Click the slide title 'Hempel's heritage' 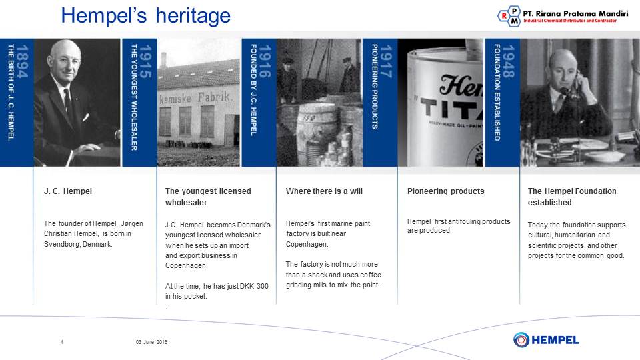coord(146,16)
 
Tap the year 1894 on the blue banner coord(22,61)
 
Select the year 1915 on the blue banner coord(145,61)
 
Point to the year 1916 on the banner coord(265,61)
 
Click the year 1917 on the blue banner coord(386,61)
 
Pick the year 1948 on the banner coord(508,61)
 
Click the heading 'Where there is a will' coord(324,191)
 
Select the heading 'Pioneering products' coord(446,191)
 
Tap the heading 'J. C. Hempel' coord(68,191)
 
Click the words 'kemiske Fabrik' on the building coord(195,98)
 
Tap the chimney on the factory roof coord(164,60)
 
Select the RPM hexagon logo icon coord(509,16)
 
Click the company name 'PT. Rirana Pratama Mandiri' coord(575,13)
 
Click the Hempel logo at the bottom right coord(546,339)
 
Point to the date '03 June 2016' coord(151,342)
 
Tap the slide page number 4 coord(62,342)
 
